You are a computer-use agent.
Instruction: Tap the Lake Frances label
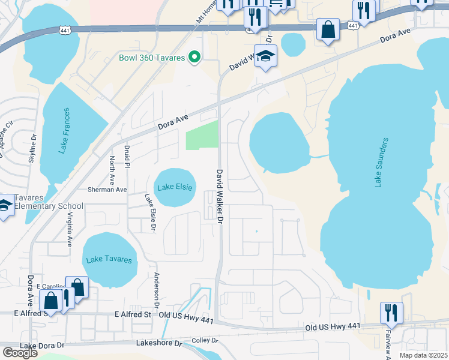(x=65, y=131)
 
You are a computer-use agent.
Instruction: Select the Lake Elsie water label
(x=175, y=187)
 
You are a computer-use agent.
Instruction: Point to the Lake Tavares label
(x=108, y=259)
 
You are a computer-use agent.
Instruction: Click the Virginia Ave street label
(x=70, y=230)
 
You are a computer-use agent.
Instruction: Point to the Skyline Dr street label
(x=32, y=149)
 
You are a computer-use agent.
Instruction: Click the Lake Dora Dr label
(x=42, y=346)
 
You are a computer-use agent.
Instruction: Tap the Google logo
(x=20, y=353)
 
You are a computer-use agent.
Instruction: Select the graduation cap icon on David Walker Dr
(x=265, y=56)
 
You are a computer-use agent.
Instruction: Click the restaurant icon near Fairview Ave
(x=391, y=313)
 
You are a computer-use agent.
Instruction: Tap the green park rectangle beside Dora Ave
(x=202, y=136)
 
